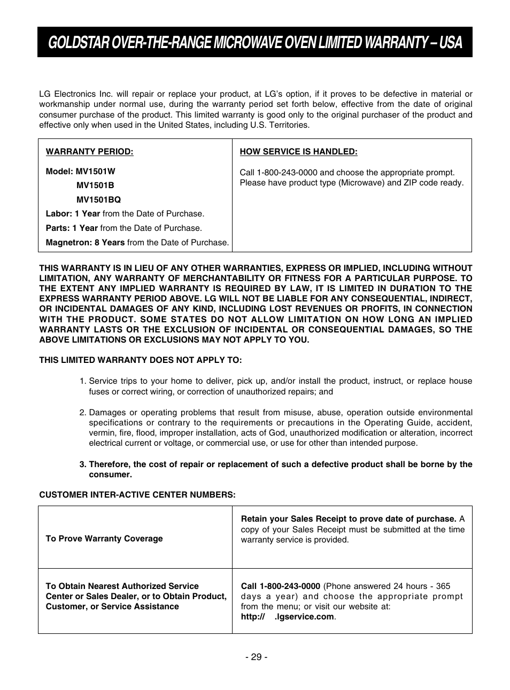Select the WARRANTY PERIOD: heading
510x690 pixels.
click(89, 152)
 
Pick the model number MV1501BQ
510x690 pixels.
click(98, 200)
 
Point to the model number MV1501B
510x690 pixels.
click(95, 185)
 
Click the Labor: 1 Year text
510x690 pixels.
click(73, 214)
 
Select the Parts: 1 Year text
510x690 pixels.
click(72, 228)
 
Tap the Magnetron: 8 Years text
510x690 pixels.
click(85, 243)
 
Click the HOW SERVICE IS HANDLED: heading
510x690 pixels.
click(298, 152)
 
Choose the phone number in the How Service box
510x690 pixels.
click(287, 173)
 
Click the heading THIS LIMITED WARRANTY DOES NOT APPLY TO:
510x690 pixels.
click(140, 360)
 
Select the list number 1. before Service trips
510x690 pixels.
click(82, 381)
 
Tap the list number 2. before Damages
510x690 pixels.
click(82, 413)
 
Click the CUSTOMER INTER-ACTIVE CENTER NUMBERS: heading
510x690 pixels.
click(137, 495)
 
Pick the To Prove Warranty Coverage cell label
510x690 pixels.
click(104, 539)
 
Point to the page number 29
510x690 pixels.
click(255, 657)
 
